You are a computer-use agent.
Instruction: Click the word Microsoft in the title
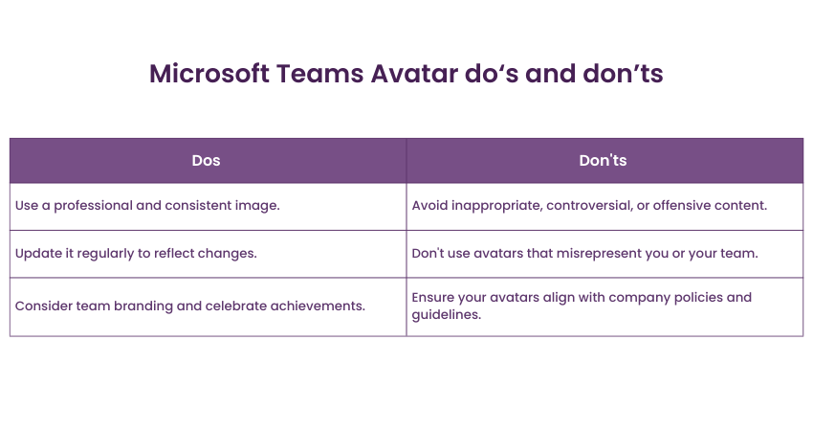(209, 73)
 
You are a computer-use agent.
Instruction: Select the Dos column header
(206, 161)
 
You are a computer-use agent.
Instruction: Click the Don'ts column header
(603, 161)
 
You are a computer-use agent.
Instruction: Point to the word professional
(93, 206)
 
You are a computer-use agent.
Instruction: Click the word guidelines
(447, 315)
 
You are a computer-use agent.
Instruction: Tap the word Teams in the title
(319, 73)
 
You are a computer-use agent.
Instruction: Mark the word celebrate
(236, 306)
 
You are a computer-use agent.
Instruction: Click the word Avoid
(429, 206)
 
